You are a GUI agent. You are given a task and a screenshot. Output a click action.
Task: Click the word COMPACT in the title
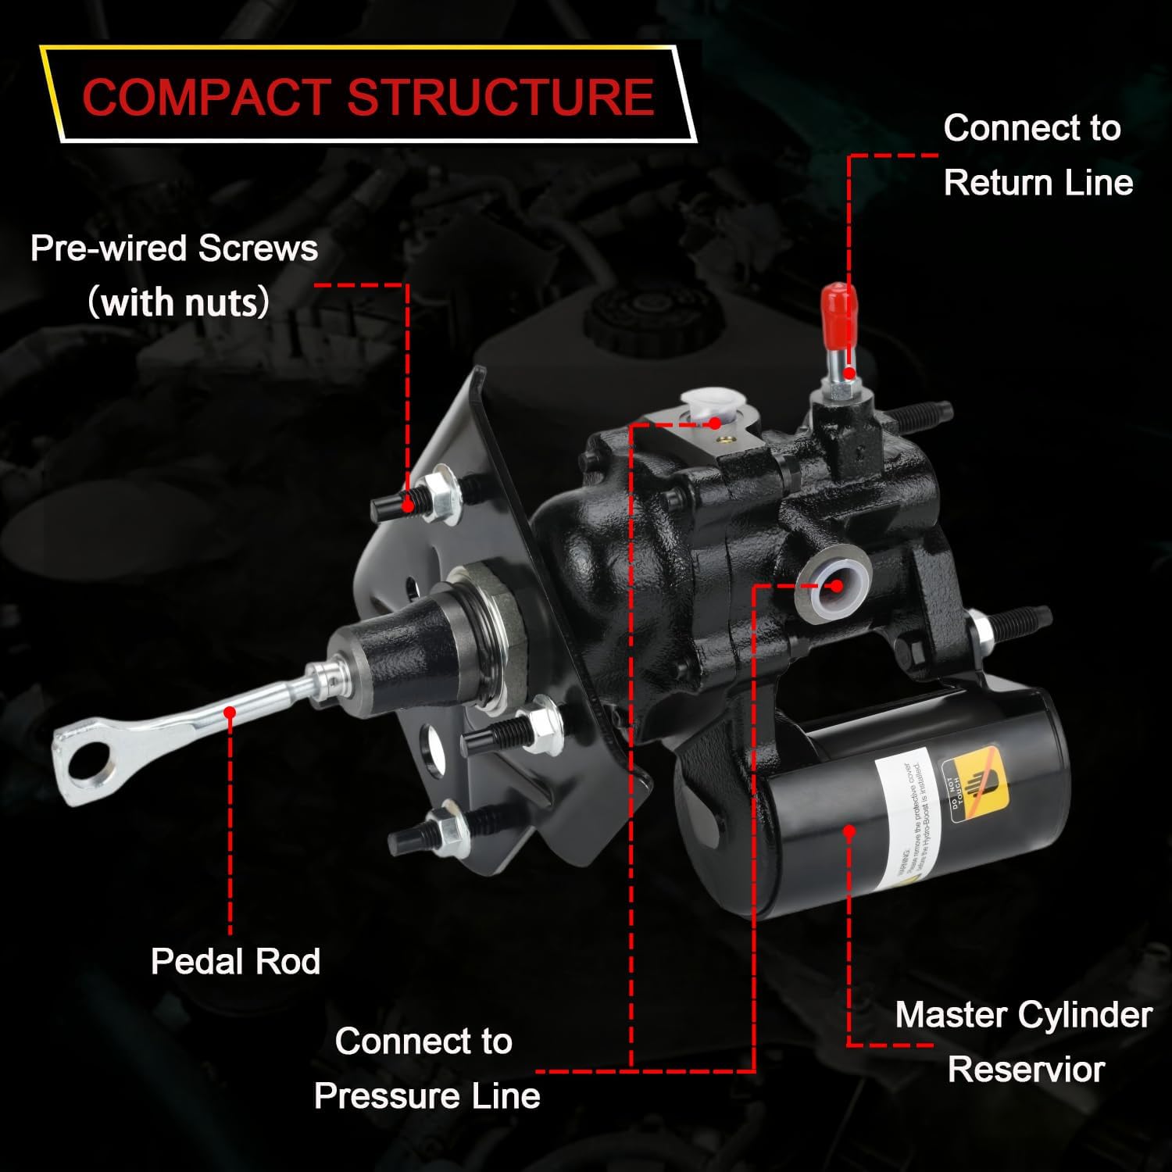[x=207, y=97]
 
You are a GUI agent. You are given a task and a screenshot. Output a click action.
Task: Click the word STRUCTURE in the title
[x=500, y=97]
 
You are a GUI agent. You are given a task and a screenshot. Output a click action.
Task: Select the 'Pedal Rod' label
[x=235, y=961]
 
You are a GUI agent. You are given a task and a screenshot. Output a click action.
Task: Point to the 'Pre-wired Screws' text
[x=173, y=248]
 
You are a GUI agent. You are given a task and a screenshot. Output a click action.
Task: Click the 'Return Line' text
[x=1038, y=183]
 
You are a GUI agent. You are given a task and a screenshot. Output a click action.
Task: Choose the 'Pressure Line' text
[x=427, y=1095]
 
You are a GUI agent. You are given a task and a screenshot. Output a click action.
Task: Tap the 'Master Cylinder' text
[x=1023, y=1015]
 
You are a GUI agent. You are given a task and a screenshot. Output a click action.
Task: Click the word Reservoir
[x=1026, y=1069]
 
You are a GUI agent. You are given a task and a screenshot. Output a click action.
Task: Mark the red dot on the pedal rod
[x=230, y=712]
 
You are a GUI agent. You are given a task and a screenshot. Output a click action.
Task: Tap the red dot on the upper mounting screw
[x=407, y=506]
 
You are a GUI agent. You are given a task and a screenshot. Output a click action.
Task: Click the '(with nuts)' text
[x=179, y=302]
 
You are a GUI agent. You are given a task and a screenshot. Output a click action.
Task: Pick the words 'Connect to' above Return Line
[x=1031, y=128]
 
